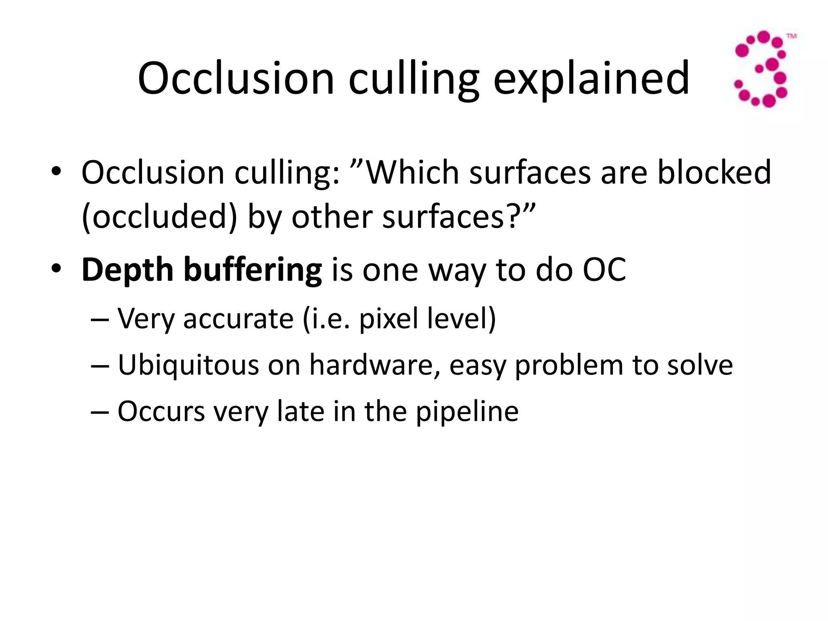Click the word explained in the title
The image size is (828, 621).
(591, 79)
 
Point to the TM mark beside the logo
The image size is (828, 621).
(791, 36)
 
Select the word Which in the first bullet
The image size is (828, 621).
(412, 173)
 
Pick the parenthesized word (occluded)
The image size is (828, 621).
(159, 217)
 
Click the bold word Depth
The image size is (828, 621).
(128, 270)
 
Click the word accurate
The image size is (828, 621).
(238, 319)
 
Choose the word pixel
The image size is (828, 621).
(389, 319)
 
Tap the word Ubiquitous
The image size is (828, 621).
(188, 365)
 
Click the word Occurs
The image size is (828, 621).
(161, 411)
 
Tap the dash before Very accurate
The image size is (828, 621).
(100, 319)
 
